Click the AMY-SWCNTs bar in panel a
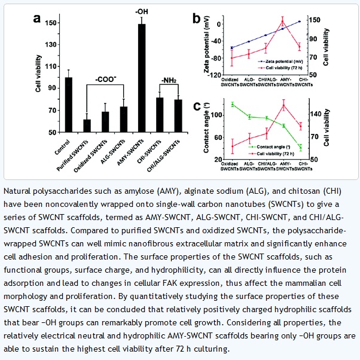(x=142, y=78)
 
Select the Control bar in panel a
(x=68, y=105)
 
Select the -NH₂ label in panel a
(x=169, y=80)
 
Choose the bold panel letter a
(x=37, y=18)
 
